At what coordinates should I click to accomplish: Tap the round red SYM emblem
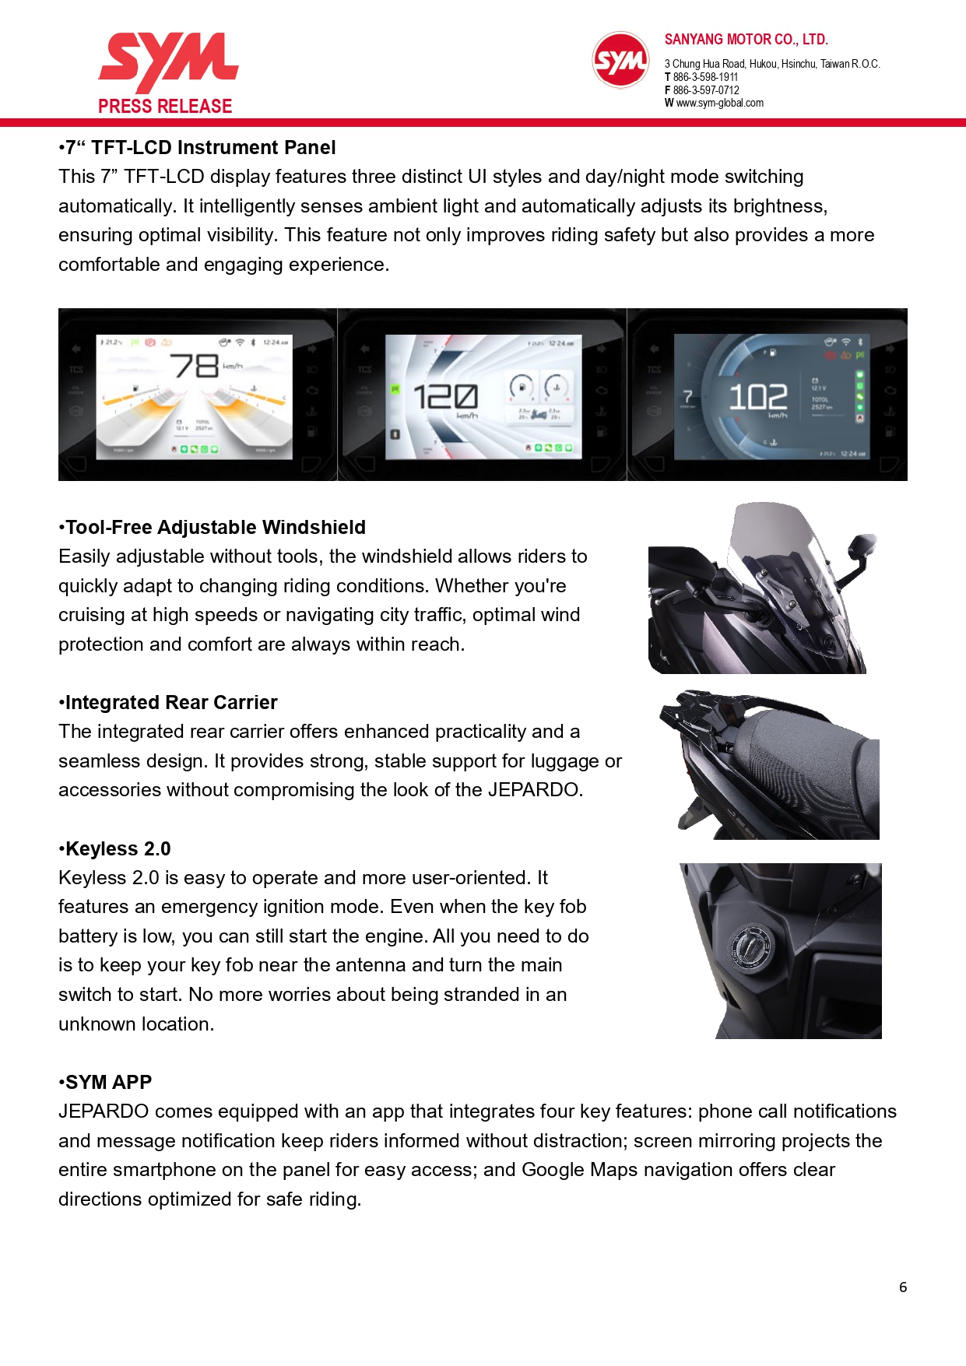click(620, 60)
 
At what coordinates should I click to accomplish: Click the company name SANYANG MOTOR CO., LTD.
click(746, 40)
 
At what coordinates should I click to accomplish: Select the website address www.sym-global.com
click(719, 103)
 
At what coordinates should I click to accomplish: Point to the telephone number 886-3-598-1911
click(705, 77)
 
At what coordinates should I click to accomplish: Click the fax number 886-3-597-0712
click(706, 90)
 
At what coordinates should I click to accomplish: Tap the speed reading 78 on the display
click(195, 365)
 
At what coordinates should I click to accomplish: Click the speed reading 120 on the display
click(445, 396)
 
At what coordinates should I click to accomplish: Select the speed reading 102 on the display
click(757, 397)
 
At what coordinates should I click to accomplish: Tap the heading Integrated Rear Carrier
click(171, 703)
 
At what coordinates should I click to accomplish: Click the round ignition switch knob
click(751, 946)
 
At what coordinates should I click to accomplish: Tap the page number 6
click(903, 1287)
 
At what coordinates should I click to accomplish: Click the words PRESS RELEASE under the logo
click(165, 107)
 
